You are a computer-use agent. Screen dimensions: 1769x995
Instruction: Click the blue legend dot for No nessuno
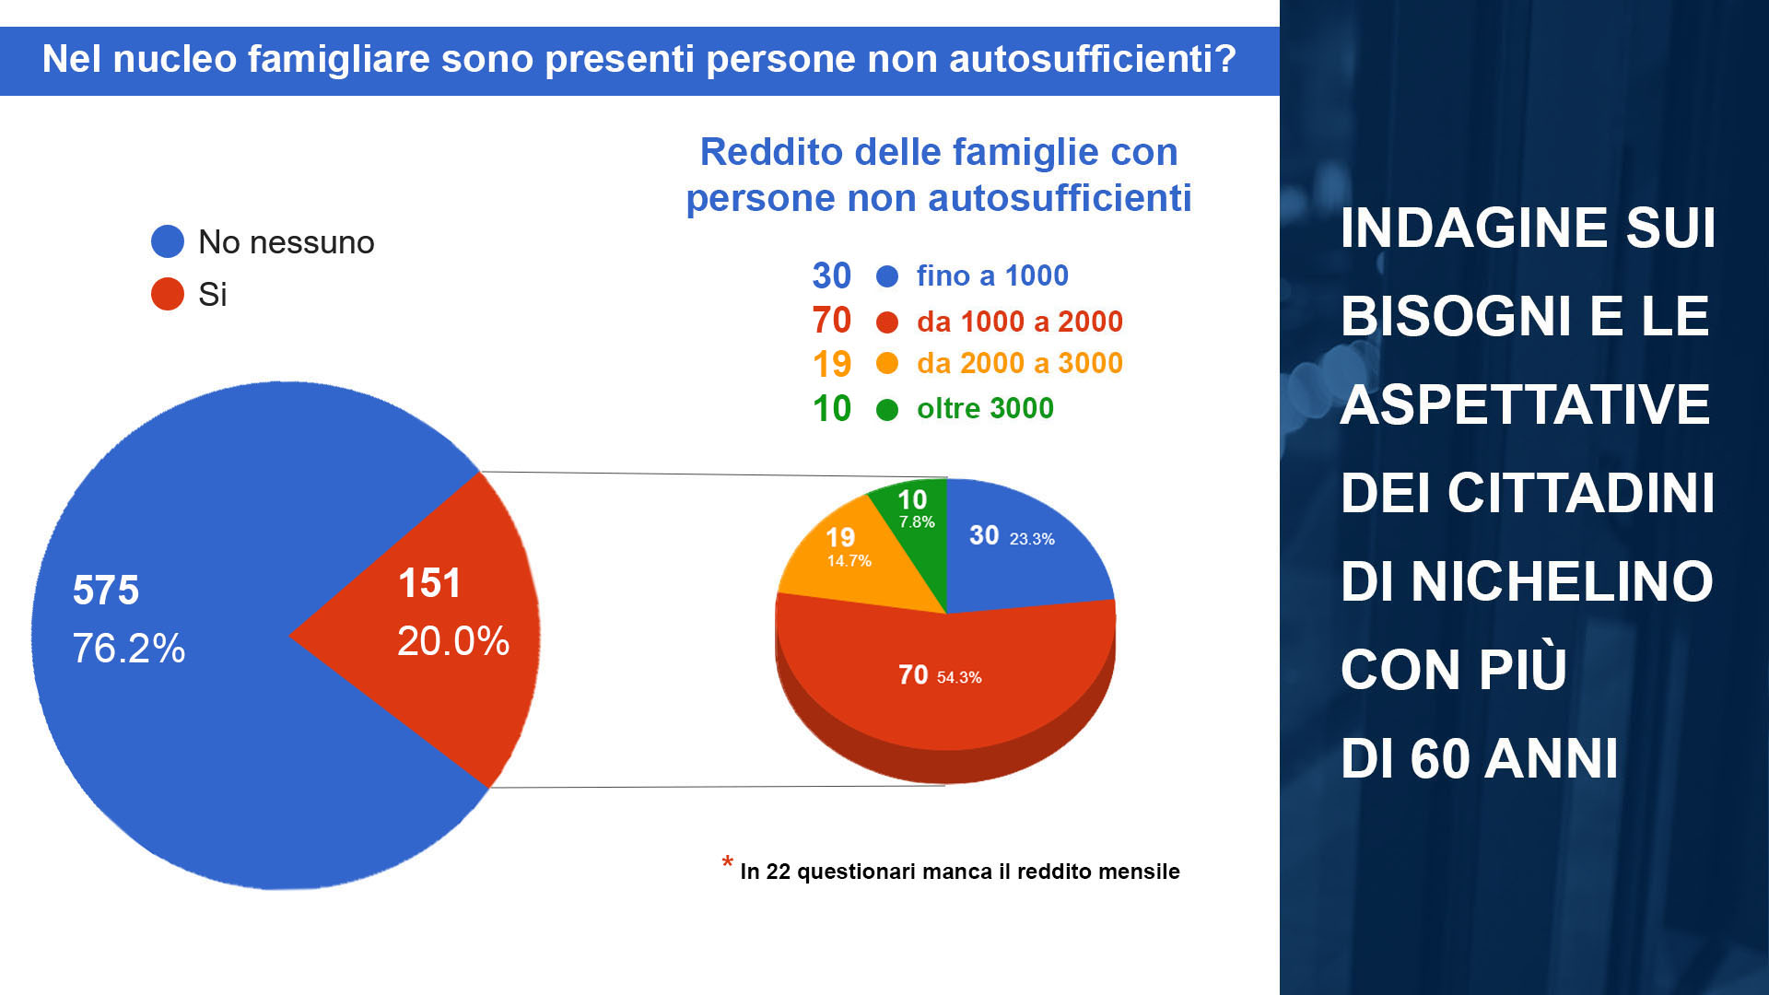[168, 241]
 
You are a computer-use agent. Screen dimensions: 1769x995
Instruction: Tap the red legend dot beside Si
[168, 294]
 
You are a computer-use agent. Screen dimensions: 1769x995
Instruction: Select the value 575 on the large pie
[106, 591]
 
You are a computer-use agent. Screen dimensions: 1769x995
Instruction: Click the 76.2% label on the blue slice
[129, 649]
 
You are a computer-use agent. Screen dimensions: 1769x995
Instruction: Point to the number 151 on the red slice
[429, 583]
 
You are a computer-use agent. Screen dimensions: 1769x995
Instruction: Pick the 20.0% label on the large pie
[453, 641]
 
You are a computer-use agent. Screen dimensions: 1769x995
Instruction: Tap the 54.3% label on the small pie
[959, 677]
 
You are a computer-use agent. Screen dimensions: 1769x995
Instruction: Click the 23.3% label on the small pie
[1032, 539]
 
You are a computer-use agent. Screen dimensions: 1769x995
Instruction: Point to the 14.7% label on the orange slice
[849, 561]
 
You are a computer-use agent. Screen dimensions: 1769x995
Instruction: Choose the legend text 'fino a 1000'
[992, 275]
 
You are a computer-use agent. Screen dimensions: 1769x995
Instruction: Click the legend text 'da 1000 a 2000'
[1020, 322]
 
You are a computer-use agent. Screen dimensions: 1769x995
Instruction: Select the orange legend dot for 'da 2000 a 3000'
[887, 363]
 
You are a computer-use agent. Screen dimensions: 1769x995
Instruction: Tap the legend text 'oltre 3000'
[985, 408]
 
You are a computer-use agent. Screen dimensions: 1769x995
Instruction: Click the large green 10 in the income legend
[832, 409]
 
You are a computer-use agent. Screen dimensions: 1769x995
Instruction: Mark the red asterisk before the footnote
[728, 862]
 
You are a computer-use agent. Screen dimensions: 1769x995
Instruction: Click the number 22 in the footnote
[779, 872]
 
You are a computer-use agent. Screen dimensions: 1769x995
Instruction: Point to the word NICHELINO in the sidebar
[1562, 581]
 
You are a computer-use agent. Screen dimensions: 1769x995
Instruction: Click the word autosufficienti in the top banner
[1092, 59]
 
